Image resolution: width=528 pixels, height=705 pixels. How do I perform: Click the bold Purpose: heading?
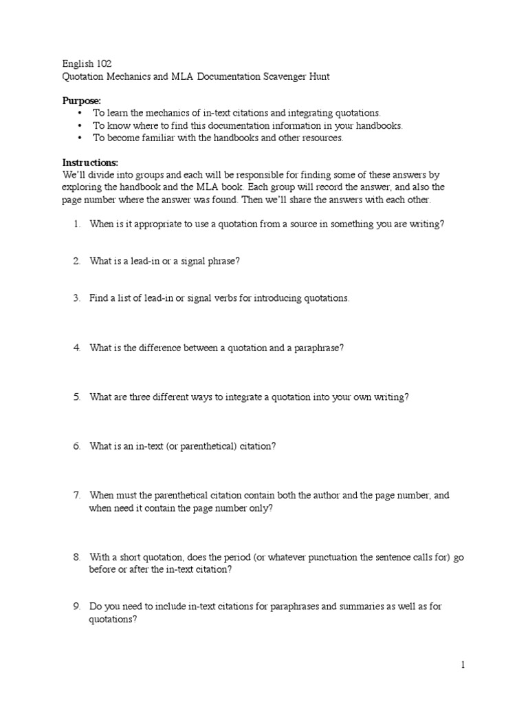pyautogui.click(x=82, y=101)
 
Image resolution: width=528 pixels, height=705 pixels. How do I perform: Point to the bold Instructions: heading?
pyautogui.click(x=90, y=162)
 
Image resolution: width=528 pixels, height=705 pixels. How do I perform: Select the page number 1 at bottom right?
pyautogui.click(x=463, y=665)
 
